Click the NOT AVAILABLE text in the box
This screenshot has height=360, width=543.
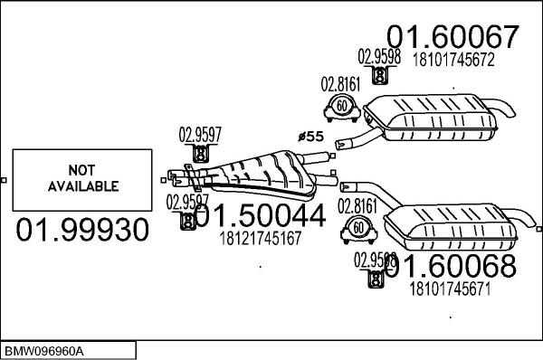point(81,178)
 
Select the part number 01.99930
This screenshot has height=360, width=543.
point(82,230)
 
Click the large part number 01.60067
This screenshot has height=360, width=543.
point(454,37)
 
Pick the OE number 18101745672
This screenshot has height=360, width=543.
point(453,62)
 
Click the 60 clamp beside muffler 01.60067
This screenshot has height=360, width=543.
point(342,108)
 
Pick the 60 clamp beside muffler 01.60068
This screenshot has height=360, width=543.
point(358,227)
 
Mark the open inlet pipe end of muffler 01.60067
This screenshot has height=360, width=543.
point(341,143)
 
